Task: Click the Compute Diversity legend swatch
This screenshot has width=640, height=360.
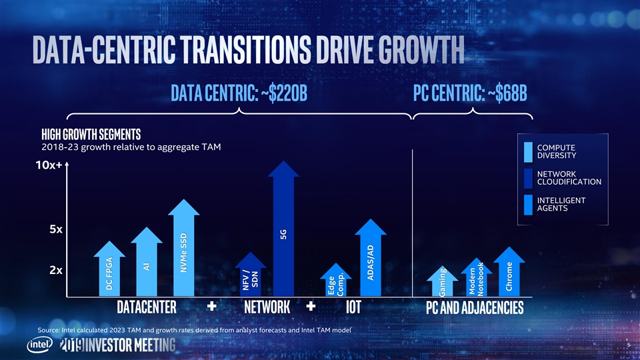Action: [529, 152]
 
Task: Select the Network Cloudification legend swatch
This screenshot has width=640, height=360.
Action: [529, 178]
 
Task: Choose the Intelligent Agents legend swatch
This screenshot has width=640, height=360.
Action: [529, 205]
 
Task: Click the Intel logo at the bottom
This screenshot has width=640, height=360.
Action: [39, 345]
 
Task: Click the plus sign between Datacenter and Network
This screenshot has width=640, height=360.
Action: [212, 307]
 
